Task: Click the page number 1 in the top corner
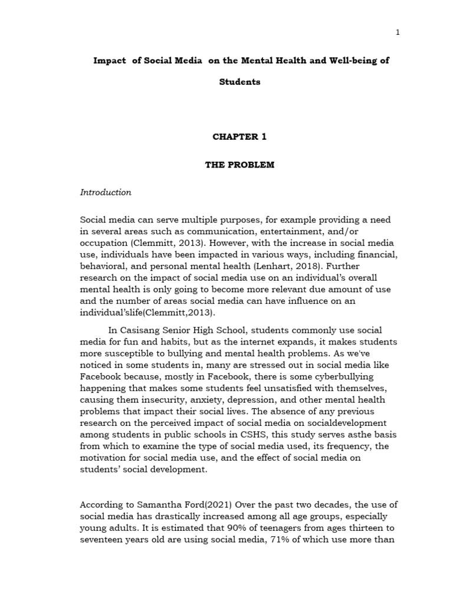tap(398, 32)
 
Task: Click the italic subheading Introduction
tap(106, 192)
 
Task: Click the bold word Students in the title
tap(239, 82)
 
